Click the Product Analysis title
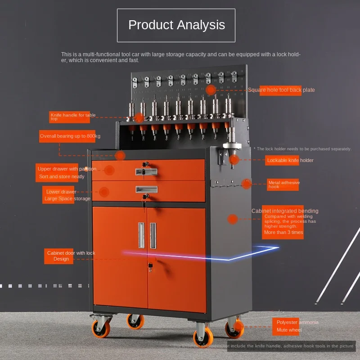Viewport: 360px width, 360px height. pos(176,25)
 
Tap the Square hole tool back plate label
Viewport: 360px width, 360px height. pos(281,90)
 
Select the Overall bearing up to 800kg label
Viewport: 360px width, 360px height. pos(70,136)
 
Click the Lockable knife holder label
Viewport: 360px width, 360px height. pos(290,160)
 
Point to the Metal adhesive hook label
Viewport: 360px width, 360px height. pos(283,184)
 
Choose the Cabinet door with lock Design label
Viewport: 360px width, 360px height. pos(71,256)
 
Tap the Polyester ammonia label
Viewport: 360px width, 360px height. pos(297,322)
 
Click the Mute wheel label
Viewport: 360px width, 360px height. pos(289,330)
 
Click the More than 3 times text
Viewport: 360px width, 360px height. pos(283,233)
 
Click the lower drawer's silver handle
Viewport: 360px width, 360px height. pos(147,189)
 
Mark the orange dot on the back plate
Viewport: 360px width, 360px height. pos(211,90)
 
